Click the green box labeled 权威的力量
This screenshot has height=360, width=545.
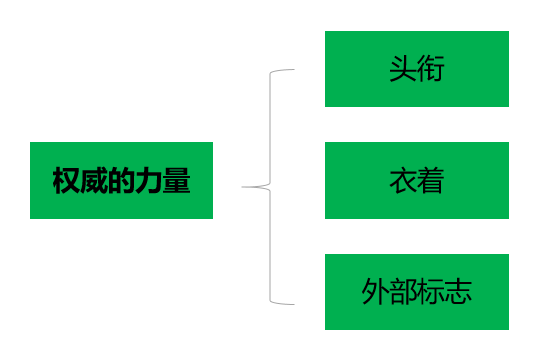coord(121,180)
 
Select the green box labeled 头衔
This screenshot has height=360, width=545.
coord(416,68)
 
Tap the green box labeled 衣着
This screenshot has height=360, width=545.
coord(416,180)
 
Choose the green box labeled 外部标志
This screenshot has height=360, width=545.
coord(416,292)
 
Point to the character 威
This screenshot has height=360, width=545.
coord(94,181)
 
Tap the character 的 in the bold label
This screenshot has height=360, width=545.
coord(121,181)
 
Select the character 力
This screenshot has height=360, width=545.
coord(148,181)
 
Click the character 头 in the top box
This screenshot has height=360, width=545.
coord(402,69)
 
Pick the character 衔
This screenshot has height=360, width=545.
coord(430,69)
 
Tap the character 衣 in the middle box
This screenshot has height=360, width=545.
coord(402,181)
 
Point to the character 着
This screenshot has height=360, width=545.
coord(430,181)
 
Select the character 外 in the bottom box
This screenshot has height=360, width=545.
coord(375,293)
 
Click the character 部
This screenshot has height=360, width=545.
coord(402,293)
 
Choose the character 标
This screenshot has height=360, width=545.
coord(430,293)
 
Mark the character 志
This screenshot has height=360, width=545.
coord(458,293)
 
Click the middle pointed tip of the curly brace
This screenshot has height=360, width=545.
coord(244,186)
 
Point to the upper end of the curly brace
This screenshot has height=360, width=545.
coord(294,70)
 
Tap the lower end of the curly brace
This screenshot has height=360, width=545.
coord(294,302)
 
